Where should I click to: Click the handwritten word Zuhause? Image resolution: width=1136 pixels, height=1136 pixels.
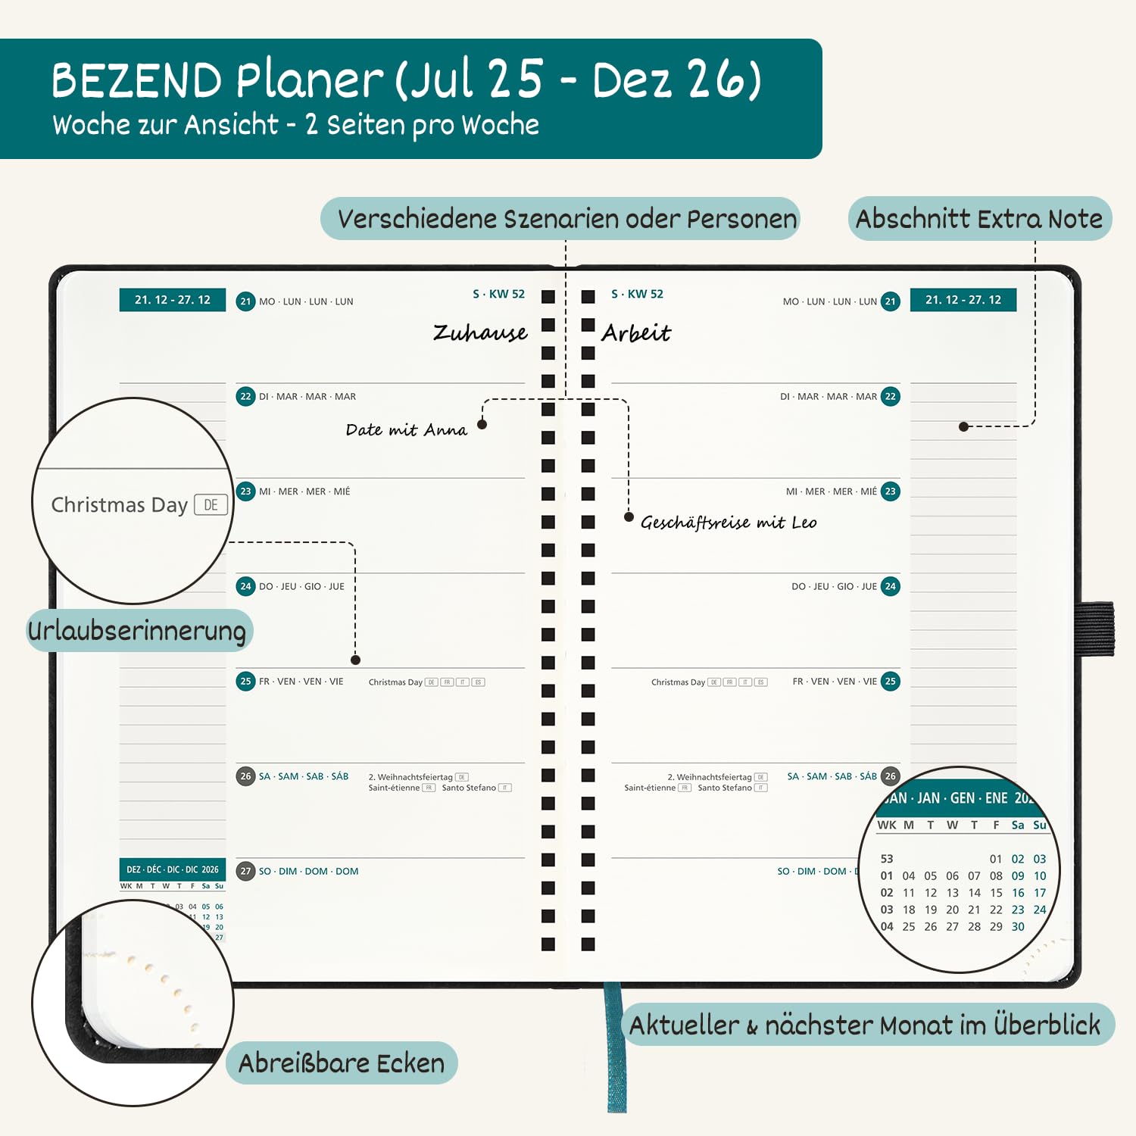(480, 333)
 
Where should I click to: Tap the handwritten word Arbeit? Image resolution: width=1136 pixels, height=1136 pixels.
(636, 333)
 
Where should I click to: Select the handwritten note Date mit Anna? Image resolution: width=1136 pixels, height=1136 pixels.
(407, 430)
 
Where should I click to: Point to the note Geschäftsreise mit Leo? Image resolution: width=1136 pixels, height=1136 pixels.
(729, 523)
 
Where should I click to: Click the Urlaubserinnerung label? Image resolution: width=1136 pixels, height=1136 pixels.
(137, 631)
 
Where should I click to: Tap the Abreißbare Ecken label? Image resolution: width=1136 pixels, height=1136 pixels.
(342, 1063)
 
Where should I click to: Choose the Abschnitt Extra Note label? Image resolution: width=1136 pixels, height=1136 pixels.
(979, 219)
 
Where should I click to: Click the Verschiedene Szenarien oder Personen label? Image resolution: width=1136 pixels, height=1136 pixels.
(566, 219)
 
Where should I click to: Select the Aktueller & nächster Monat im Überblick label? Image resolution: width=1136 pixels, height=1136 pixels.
(865, 1025)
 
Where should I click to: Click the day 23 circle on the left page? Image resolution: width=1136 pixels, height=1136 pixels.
(245, 492)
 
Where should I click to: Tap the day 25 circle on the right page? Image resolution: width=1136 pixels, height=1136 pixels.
(891, 682)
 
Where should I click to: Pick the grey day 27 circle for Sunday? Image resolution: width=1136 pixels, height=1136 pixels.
(245, 871)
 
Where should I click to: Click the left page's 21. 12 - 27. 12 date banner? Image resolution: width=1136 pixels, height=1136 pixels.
(173, 300)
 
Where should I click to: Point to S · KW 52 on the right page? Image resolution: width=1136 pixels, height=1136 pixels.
(637, 294)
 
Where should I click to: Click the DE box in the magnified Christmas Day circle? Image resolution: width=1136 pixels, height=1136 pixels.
(211, 504)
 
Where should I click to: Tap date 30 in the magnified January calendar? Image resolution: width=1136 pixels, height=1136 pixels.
(1018, 926)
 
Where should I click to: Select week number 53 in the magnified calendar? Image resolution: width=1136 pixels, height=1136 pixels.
(887, 859)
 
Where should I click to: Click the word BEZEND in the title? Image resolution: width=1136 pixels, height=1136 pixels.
(136, 80)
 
